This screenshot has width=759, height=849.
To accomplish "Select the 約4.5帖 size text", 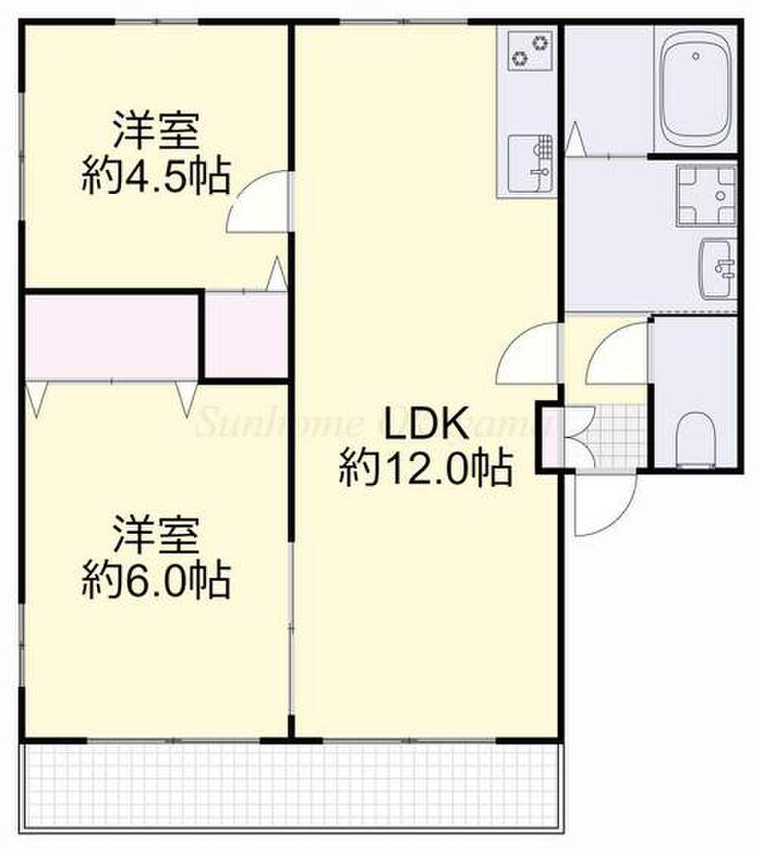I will point(155,177).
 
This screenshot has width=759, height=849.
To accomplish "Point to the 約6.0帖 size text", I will point(155,580).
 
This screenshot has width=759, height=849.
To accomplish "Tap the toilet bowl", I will point(694,438).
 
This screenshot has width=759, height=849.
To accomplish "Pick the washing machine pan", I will point(706,195).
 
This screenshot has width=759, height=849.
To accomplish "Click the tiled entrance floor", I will point(616,434).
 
